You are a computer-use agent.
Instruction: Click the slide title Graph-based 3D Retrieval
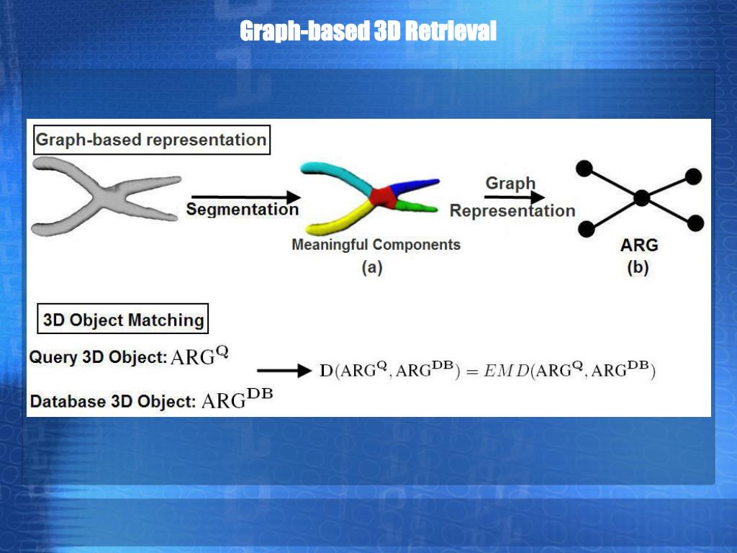[x=368, y=32]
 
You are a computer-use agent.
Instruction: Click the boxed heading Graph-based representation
[x=151, y=140]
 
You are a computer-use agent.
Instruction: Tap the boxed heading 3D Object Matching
[x=123, y=319]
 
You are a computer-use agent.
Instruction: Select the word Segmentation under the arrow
[x=242, y=210]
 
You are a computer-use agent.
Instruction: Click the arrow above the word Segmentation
[x=245, y=197]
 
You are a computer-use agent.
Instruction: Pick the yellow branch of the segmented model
[x=338, y=219]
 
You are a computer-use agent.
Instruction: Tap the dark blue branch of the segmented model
[x=417, y=186]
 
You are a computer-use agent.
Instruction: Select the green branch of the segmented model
[x=417, y=207]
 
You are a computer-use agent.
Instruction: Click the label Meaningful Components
[x=376, y=245]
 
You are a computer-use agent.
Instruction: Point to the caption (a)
[x=371, y=268]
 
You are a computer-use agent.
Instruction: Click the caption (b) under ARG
[x=638, y=268]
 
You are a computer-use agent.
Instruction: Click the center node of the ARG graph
[x=642, y=197]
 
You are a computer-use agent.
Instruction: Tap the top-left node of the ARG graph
[x=584, y=168]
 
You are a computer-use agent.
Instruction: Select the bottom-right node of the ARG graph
[x=695, y=223]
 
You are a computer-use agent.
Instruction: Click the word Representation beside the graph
[x=512, y=211]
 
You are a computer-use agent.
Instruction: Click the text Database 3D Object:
[x=112, y=402]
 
